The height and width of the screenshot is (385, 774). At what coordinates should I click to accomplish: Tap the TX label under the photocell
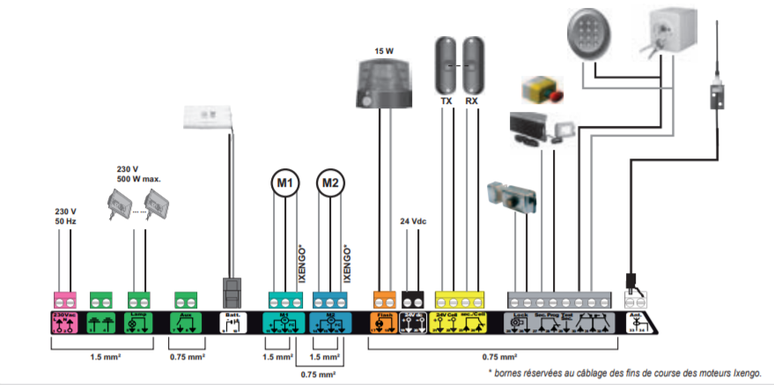pyautogui.click(x=446, y=101)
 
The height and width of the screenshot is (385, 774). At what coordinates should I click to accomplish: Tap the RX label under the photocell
pyautogui.click(x=472, y=101)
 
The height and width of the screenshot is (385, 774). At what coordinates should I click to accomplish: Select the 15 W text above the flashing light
pyautogui.click(x=384, y=50)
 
